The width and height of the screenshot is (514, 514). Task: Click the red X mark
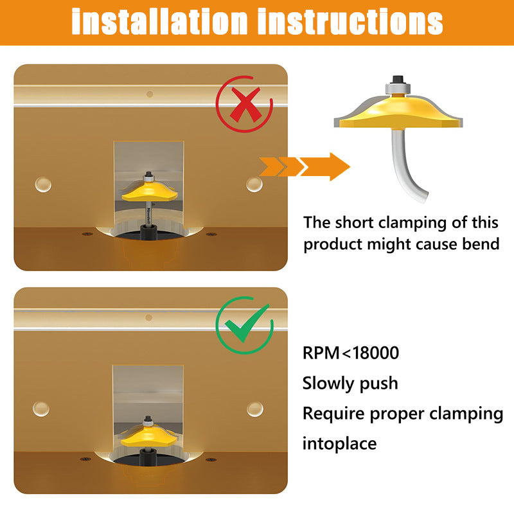pyautogui.click(x=245, y=104)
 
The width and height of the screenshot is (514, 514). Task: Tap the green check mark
pyautogui.click(x=247, y=324)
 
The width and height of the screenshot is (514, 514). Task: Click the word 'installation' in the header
pyautogui.click(x=159, y=22)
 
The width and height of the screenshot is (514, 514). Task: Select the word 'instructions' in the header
pyautogui.click(x=350, y=22)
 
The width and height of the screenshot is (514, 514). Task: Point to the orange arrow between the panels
pyautogui.click(x=305, y=166)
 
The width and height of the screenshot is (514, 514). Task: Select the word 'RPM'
pyautogui.click(x=321, y=353)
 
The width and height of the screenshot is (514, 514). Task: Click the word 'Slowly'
pyautogui.click(x=328, y=383)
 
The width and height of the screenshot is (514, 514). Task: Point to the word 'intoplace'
pyautogui.click(x=340, y=443)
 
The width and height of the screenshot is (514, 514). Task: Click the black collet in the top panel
pyautogui.click(x=148, y=232)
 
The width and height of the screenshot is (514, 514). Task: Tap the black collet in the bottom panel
pyautogui.click(x=148, y=457)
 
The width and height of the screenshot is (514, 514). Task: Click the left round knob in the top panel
pyautogui.click(x=43, y=184)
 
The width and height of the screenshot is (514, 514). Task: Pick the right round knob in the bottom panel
pyautogui.click(x=254, y=409)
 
